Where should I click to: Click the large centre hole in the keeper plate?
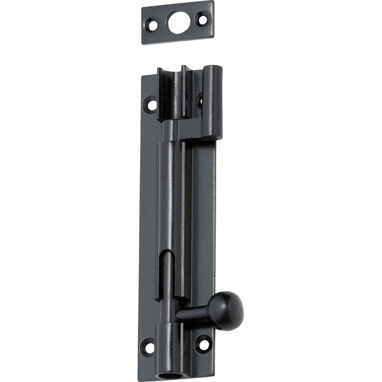click(179, 22)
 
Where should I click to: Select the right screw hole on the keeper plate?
click(202, 20)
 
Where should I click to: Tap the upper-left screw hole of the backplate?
click(151, 104)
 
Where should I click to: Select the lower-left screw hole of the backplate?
click(149, 347)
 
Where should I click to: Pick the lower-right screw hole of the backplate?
click(203, 343)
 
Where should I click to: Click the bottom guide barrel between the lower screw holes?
click(170, 344)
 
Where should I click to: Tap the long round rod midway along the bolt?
click(168, 201)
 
